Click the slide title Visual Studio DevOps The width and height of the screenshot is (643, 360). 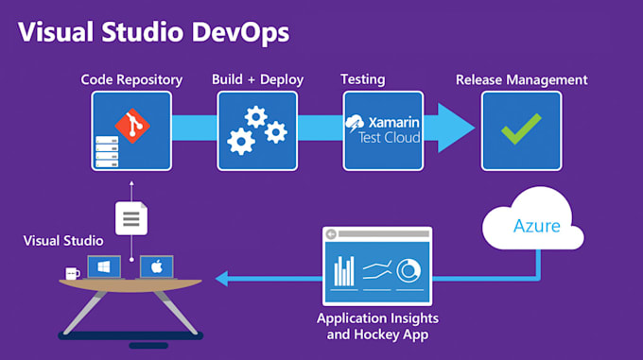(154, 32)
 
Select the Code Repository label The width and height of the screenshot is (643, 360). (131, 79)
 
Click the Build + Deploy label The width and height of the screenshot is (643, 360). (257, 79)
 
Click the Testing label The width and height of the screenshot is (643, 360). (362, 79)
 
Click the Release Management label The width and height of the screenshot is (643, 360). (521, 79)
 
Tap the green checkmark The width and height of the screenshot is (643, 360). (521, 129)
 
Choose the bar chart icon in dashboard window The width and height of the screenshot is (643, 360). (345, 270)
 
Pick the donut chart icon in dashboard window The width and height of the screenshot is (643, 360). (408, 270)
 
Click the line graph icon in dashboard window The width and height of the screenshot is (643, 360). (377, 270)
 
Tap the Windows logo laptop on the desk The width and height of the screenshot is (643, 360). (103, 267)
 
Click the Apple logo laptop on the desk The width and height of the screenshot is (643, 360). (156, 267)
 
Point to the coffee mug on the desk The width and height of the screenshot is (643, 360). (72, 274)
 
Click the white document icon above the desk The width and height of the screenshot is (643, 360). (130, 219)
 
